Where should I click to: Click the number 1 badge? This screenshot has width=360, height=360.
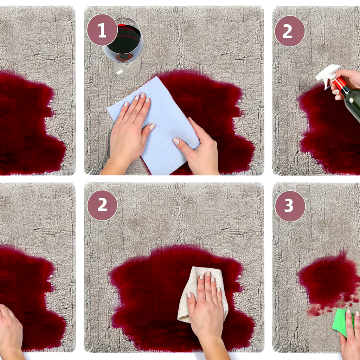click(102, 30)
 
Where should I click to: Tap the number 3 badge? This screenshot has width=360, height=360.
click(290, 206)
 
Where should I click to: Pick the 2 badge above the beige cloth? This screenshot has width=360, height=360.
click(102, 205)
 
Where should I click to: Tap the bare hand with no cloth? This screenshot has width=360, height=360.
click(11, 330)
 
